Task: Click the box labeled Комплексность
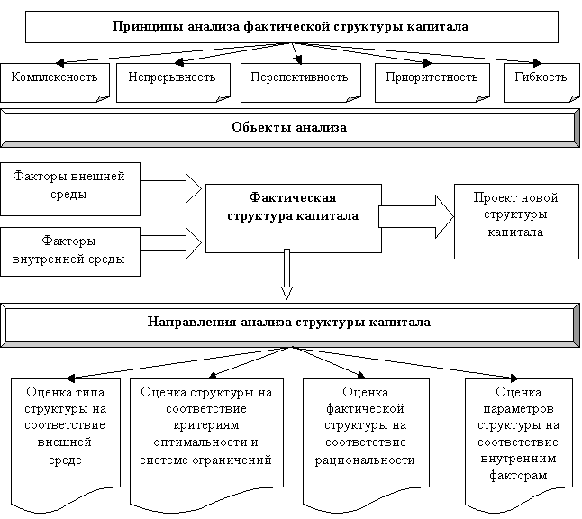tap(55, 82)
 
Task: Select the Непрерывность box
tap(173, 82)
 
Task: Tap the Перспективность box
tap(301, 82)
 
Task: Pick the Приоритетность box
tap(432, 82)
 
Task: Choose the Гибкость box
tap(541, 82)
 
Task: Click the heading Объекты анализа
tap(289, 127)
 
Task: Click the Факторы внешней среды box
tap(70, 189)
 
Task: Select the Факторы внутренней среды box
tap(70, 251)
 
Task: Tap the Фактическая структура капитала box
tap(294, 218)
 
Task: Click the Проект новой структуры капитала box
tap(516, 222)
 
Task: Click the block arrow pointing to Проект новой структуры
tap(416, 216)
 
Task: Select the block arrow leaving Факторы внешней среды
tap(171, 188)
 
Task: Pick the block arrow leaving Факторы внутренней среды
tap(171, 242)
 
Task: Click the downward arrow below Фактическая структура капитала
tap(286, 274)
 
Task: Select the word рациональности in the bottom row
tap(365, 460)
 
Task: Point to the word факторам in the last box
tap(518, 476)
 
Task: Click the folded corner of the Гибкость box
tap(574, 98)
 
